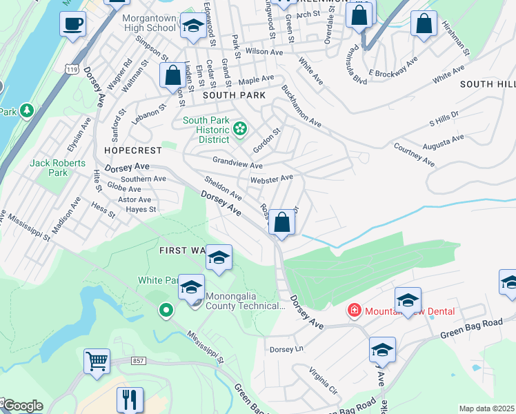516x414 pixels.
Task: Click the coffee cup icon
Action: point(72,26)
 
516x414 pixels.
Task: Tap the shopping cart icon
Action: point(97,360)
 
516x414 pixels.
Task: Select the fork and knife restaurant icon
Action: point(129,398)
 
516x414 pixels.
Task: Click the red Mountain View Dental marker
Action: point(355,311)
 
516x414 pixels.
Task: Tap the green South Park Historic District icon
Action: point(240,128)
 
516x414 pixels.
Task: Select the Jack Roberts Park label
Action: point(58,168)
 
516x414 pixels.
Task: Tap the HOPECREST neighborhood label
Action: point(132,149)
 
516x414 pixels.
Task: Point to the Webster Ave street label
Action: point(272,178)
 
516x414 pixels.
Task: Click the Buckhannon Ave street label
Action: point(301,107)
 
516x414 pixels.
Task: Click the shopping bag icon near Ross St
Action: point(281,223)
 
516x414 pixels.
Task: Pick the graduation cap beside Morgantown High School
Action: point(193,27)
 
